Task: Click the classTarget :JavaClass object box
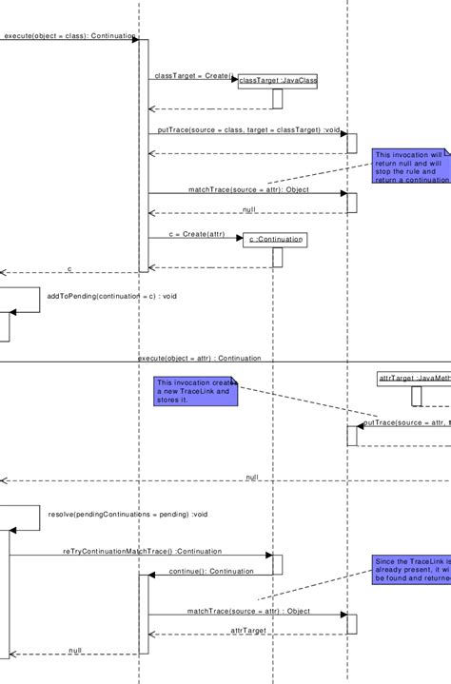coord(277,81)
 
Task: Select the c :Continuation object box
coord(274,240)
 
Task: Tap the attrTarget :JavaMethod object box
coord(414,379)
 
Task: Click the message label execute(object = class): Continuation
coord(69,35)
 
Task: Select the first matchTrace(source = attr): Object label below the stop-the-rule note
coord(248,189)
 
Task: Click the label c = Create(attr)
coord(197,233)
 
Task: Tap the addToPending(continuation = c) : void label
coord(112,296)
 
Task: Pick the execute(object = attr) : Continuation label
coord(199,359)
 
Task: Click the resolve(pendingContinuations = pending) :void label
coord(127,514)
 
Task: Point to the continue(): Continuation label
coord(211,571)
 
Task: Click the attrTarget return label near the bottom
coord(249,630)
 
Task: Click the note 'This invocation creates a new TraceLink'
coord(195,392)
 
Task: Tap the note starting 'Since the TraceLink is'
coord(411,570)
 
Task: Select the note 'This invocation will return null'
coord(411,166)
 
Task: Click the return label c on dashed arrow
coord(69,269)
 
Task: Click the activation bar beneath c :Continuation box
coord(278,258)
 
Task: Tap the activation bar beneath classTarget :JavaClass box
coord(278,99)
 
